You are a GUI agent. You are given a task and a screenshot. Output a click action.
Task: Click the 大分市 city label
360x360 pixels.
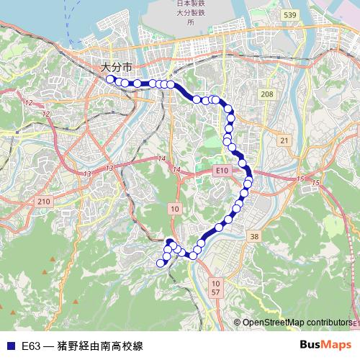tap(117, 67)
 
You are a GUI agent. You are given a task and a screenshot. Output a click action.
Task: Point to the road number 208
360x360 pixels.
tap(266, 94)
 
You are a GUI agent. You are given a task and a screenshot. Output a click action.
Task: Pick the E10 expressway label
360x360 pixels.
tap(222, 170)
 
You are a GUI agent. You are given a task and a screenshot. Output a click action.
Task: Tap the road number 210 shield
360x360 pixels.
tap(42, 201)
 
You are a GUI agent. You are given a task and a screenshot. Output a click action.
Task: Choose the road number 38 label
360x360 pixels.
tap(253, 236)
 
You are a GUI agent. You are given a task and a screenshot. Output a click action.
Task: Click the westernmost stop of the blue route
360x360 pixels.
tap(109, 79)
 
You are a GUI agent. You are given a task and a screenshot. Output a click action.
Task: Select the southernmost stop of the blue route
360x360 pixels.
tap(161, 263)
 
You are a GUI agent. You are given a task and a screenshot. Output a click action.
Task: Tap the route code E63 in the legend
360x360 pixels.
tap(31, 346)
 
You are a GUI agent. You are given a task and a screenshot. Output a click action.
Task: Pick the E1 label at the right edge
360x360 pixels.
tap(355, 324)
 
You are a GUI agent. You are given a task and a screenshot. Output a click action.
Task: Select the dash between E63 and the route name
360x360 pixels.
tap(49, 346)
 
